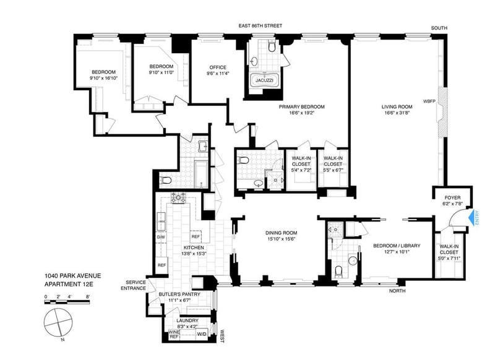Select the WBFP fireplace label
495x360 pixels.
[x=429, y=101]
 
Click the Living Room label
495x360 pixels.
[x=397, y=106]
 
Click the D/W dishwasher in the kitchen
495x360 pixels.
[x=161, y=238]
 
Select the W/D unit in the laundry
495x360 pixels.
[x=201, y=334]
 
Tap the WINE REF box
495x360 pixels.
[x=174, y=335]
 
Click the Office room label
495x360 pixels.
[x=218, y=67]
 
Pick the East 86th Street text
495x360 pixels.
[x=260, y=25]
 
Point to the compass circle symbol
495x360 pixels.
[x=58, y=324]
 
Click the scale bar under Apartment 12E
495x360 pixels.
[x=67, y=302]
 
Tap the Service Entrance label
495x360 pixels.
[x=134, y=285]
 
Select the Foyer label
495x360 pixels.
[x=452, y=197]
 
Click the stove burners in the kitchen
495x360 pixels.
[x=178, y=198]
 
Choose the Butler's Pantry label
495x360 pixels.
[x=179, y=294]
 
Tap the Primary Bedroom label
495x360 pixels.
[x=301, y=106]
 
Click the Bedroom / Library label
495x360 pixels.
[x=397, y=246]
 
